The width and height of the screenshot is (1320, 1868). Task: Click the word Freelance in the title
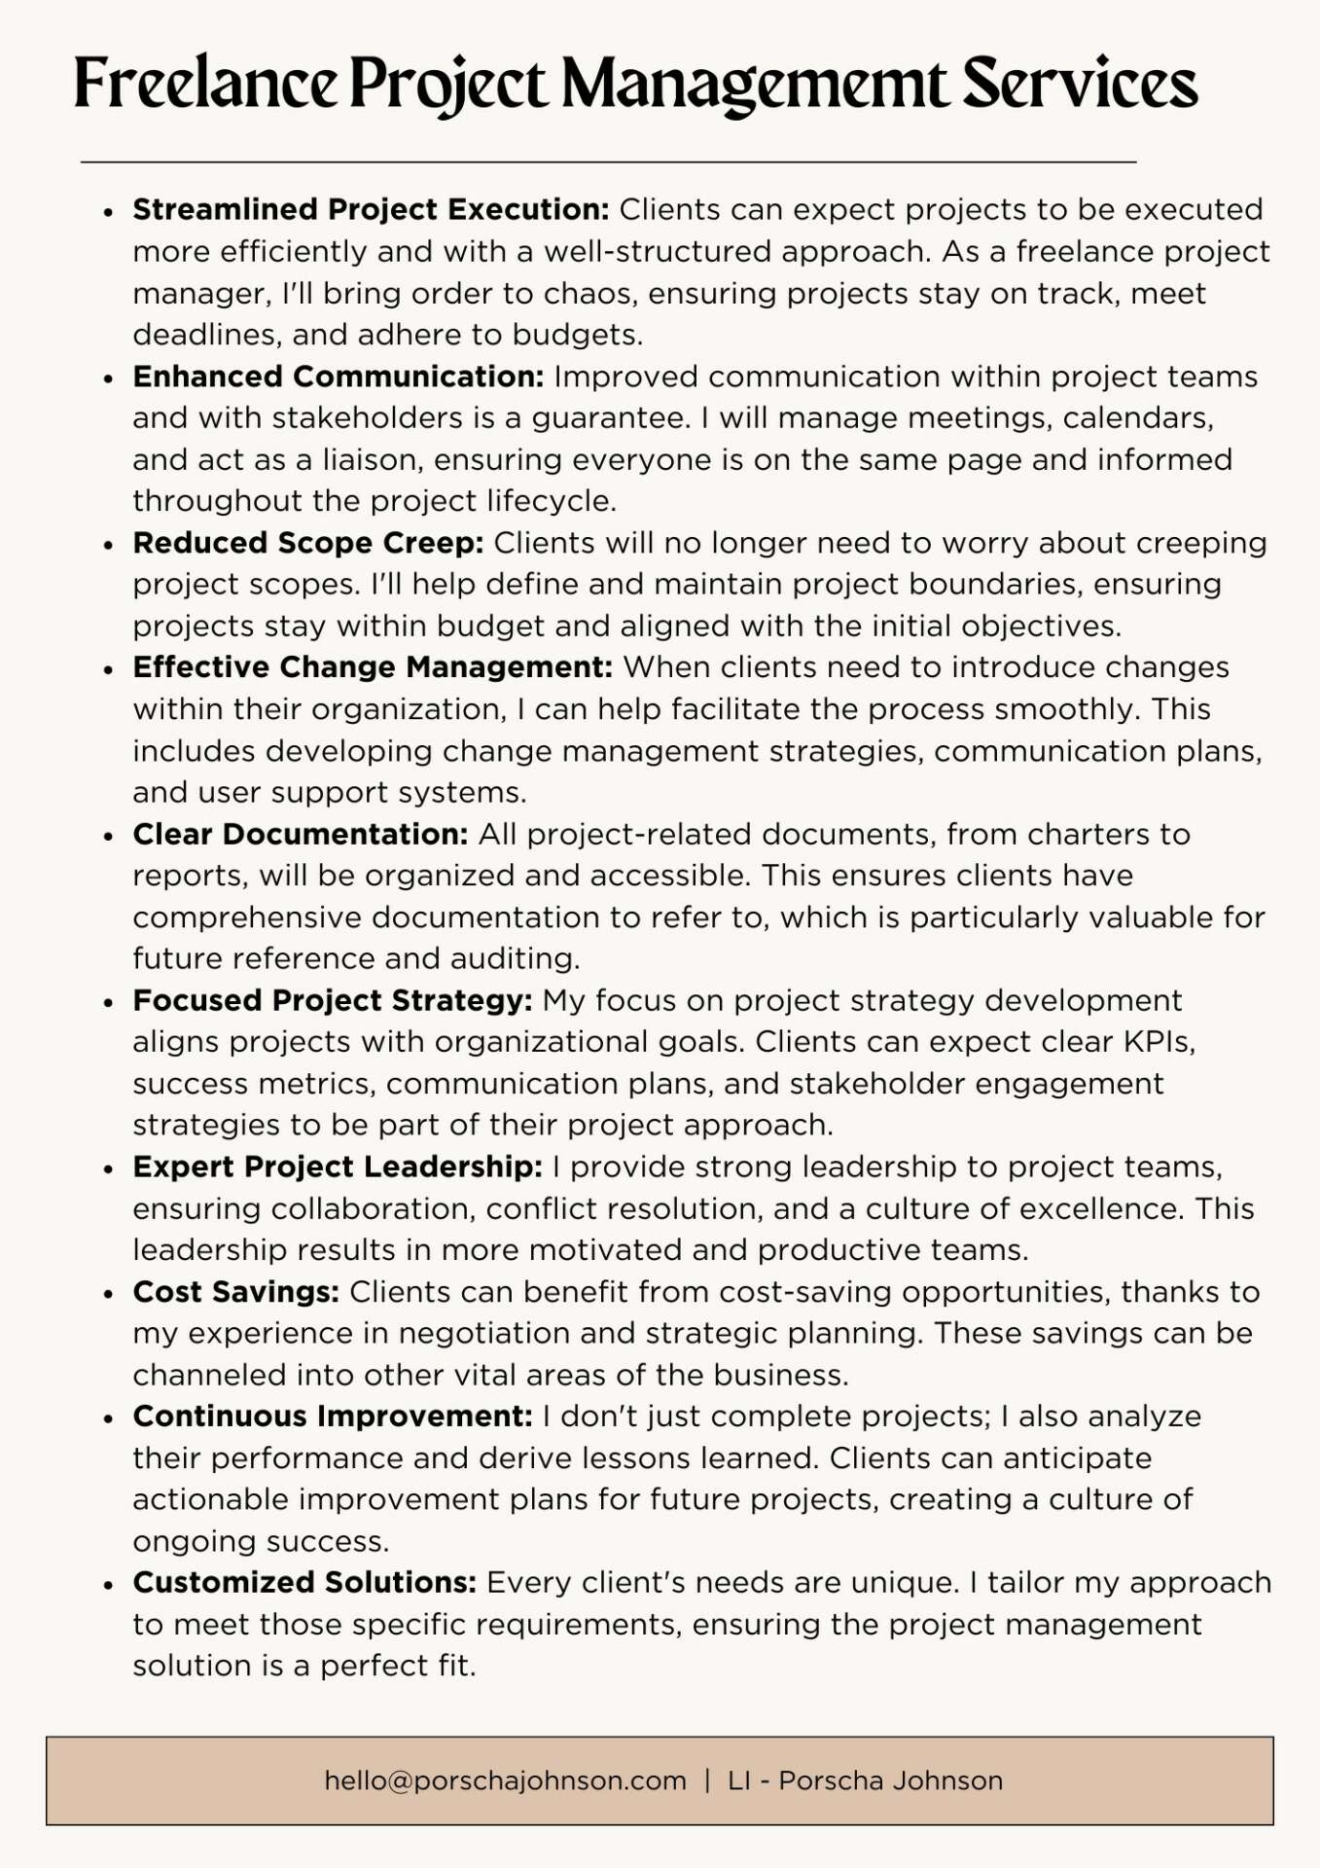click(205, 84)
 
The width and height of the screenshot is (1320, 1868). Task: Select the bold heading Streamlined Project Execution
click(371, 209)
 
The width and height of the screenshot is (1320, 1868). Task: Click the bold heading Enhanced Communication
click(339, 377)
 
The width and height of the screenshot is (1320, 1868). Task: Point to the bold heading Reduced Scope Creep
click(308, 543)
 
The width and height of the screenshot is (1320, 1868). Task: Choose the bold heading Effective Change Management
click(373, 667)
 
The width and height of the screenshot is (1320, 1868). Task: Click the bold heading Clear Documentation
click(301, 834)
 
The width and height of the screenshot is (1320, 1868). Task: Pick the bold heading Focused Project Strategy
click(333, 1000)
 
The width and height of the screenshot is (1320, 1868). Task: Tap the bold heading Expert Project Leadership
click(338, 1167)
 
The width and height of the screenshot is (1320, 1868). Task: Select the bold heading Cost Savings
click(236, 1292)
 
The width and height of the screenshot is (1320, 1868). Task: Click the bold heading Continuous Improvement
click(333, 1417)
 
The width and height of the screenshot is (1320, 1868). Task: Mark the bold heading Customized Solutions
click(304, 1583)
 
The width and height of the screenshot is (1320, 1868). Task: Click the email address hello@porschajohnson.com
click(506, 1781)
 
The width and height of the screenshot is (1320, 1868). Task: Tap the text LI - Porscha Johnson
click(865, 1781)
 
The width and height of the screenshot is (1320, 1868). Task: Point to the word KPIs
click(1159, 1042)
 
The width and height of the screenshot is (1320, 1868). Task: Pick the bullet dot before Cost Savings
click(109, 1294)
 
